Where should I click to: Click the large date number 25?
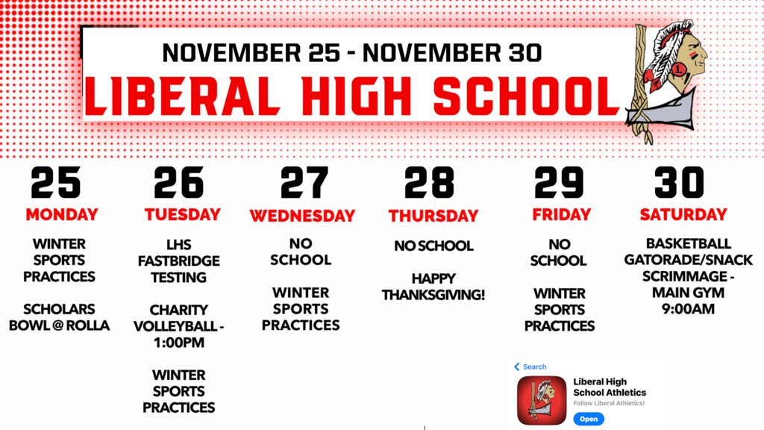pyautogui.click(x=56, y=183)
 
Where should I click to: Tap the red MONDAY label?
pyautogui.click(x=62, y=215)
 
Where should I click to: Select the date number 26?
pyautogui.click(x=179, y=183)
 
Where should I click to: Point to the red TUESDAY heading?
pyautogui.click(x=182, y=215)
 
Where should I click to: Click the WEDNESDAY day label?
pyautogui.click(x=302, y=216)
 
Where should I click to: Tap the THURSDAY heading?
pyautogui.click(x=433, y=216)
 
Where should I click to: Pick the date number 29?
pyautogui.click(x=559, y=183)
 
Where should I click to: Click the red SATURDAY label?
pyautogui.click(x=683, y=215)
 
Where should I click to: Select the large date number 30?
pyautogui.click(x=680, y=183)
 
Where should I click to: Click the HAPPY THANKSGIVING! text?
pyautogui.click(x=433, y=287)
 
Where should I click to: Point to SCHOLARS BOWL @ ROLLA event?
pyautogui.click(x=60, y=317)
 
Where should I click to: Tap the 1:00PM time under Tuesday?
pyautogui.click(x=179, y=343)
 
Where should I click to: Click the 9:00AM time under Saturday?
pyautogui.click(x=688, y=308)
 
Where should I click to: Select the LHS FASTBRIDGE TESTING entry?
pyautogui.click(x=179, y=261)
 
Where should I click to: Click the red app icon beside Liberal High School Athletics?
pyautogui.click(x=541, y=401)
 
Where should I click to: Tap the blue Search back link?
pyautogui.click(x=530, y=367)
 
